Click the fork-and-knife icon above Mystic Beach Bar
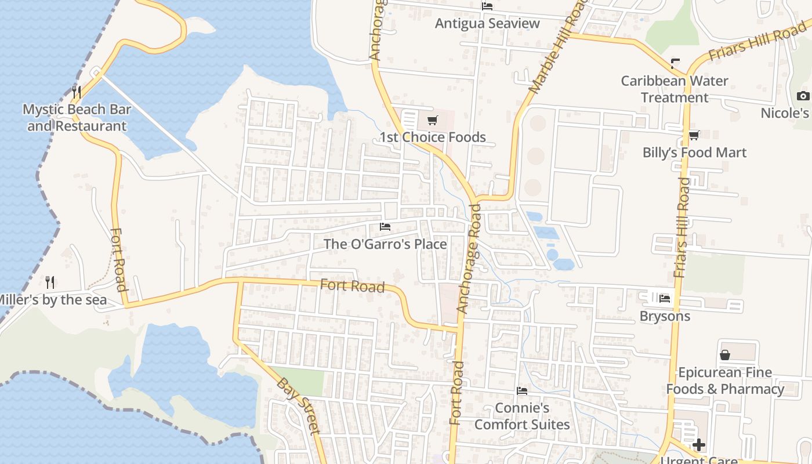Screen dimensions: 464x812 [x=76, y=92]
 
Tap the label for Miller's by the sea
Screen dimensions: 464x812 [x=52, y=300]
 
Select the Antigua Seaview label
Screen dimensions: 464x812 [x=487, y=24]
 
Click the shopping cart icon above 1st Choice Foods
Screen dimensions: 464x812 [x=432, y=121]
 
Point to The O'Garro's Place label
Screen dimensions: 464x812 [x=385, y=244]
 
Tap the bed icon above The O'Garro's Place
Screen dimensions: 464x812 [x=385, y=227]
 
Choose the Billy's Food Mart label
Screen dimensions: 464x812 [x=694, y=153]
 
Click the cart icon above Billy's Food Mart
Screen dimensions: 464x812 [x=694, y=136]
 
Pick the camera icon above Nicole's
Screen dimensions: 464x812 [x=803, y=96]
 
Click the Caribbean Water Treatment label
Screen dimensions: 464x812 [x=675, y=89]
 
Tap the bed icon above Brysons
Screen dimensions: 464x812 [x=665, y=299]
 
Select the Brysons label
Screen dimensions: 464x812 [x=665, y=316]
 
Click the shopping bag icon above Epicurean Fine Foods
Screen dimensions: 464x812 [x=724, y=355]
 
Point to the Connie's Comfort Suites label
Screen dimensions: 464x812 [x=522, y=416]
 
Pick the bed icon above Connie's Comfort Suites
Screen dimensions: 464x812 [x=522, y=391]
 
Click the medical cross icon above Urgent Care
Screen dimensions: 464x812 [x=699, y=445]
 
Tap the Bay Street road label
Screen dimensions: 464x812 [x=299, y=405]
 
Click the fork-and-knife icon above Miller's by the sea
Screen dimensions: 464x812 [x=50, y=282]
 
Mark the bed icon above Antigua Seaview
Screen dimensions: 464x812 [x=487, y=6]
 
